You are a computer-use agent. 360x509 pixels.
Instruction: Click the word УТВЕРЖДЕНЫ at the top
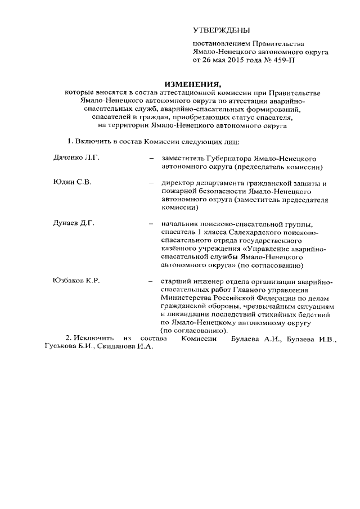pyautogui.click(x=221, y=30)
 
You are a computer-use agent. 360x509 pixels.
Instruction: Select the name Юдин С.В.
pyautogui.click(x=72, y=183)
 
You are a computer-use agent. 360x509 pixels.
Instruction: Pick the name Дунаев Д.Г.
pyautogui.click(x=74, y=223)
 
